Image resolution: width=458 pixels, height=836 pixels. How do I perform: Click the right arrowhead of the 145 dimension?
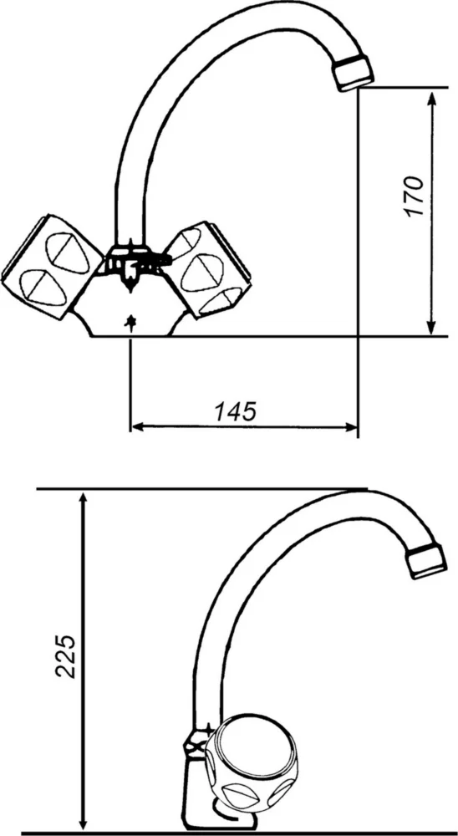(x=351, y=427)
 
